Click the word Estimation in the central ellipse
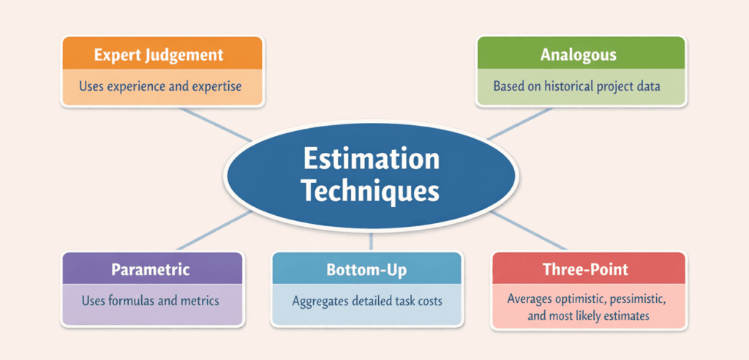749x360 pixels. tap(371, 160)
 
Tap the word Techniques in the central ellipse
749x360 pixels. tap(371, 192)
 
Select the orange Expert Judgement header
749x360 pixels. tap(159, 54)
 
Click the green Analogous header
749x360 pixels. tap(581, 54)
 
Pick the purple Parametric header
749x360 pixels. tap(151, 269)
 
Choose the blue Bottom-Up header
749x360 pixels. tap(366, 269)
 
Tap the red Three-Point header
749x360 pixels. tap(586, 269)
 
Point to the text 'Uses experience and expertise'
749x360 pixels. tap(159, 86)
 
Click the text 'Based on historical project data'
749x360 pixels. tap(577, 86)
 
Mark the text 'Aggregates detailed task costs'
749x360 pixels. tap(366, 301)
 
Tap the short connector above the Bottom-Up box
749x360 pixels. tap(371, 242)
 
